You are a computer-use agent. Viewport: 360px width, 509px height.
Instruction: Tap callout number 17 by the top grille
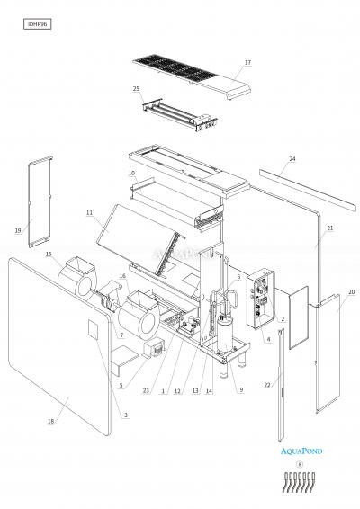click(247, 63)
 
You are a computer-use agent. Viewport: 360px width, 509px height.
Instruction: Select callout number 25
click(136, 89)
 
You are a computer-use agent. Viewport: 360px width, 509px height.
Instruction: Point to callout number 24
click(292, 159)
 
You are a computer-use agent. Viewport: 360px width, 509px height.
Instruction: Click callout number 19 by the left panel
click(18, 231)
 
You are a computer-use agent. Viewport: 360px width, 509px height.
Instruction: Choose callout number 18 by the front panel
click(50, 421)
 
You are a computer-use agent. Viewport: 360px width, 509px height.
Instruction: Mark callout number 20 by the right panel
click(351, 292)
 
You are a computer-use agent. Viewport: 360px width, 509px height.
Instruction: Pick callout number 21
click(330, 228)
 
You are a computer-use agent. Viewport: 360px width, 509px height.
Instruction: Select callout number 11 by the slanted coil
click(90, 213)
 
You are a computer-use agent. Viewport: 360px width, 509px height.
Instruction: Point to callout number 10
click(131, 172)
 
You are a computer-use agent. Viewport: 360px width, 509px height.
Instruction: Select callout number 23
click(145, 390)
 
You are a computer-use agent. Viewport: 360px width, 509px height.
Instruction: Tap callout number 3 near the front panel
click(125, 415)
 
